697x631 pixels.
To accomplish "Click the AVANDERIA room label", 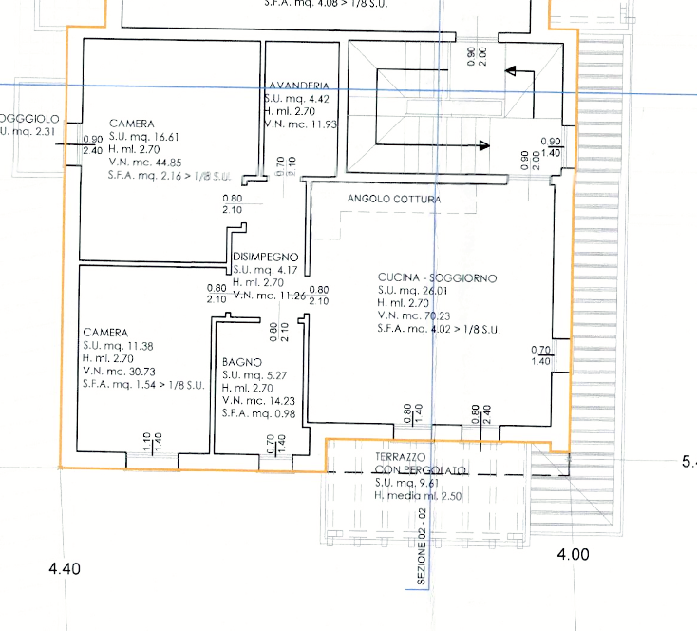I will (299, 86).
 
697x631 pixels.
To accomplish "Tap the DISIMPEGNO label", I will (266, 257).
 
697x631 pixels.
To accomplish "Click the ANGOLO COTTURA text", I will (394, 200).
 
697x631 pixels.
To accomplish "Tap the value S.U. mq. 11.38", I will (120, 346).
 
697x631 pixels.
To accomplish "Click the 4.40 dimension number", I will (65, 569).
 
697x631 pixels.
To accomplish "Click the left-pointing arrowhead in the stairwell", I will (509, 70).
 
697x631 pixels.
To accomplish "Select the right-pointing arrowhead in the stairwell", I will (484, 145).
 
